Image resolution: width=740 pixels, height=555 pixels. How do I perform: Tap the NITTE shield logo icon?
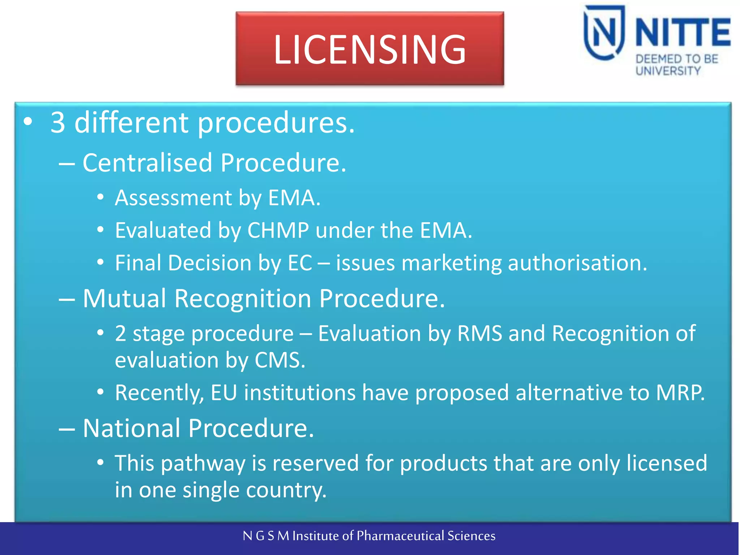604,33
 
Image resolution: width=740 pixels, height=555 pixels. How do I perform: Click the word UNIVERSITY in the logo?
668,71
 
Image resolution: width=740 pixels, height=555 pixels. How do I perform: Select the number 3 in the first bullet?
58,123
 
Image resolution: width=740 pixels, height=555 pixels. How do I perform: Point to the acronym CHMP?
278,231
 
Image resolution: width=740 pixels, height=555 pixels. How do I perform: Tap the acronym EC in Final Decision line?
300,263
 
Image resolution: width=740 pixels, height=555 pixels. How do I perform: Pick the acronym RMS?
479,333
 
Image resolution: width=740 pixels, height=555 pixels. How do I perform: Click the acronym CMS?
280,360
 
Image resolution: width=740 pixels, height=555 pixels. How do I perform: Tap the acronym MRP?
680,393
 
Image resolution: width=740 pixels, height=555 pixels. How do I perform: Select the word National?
132,428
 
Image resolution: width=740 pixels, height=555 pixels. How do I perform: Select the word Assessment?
173,198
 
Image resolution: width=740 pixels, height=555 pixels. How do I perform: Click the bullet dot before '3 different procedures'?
28,122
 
